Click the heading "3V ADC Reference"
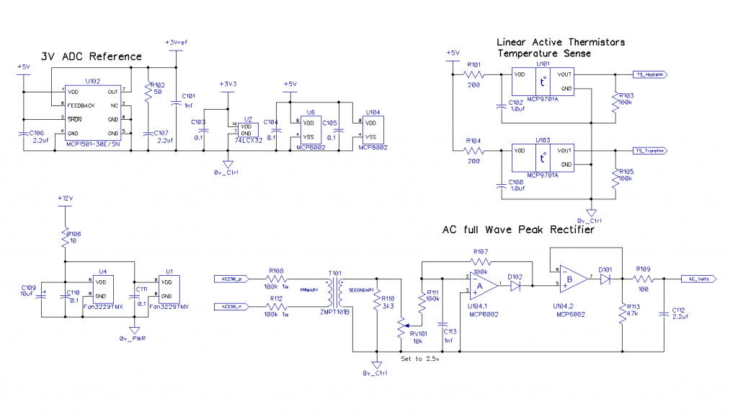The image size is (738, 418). click(x=91, y=56)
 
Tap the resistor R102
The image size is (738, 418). click(x=149, y=92)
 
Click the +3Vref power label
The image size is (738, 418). click(x=176, y=43)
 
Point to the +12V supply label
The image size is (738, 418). click(x=66, y=197)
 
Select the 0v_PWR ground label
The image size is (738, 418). click(x=133, y=338)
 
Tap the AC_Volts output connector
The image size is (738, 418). click(x=701, y=278)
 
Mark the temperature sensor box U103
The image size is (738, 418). click(x=542, y=158)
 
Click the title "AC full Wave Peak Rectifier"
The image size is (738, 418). click(x=518, y=230)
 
